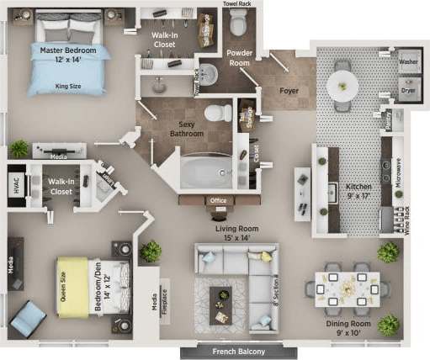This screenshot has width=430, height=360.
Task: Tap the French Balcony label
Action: pos(238,351)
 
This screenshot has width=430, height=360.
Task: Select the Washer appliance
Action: pos(409,61)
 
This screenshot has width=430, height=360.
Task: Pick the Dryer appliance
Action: pos(409,87)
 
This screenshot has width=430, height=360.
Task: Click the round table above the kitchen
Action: pos(342,84)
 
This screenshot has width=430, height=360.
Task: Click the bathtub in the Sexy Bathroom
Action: pos(205,172)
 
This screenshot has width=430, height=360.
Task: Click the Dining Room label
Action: pos(348,325)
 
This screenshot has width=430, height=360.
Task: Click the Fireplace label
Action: pos(164,308)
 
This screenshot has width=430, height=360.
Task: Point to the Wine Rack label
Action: pos(407,220)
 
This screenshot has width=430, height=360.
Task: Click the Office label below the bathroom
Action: pos(219,200)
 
